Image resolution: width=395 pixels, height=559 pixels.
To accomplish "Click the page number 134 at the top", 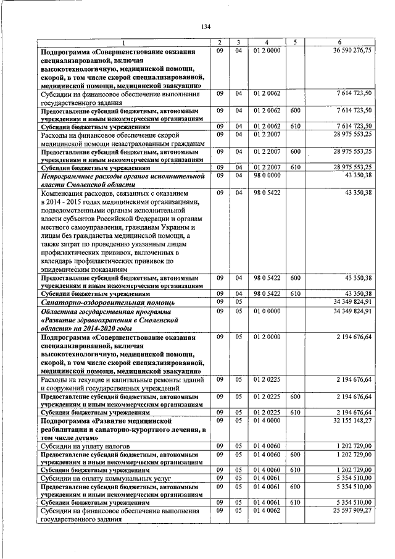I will [206, 26].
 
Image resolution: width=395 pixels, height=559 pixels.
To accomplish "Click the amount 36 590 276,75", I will [352, 50].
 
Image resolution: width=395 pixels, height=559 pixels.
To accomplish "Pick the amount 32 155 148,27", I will [352, 419].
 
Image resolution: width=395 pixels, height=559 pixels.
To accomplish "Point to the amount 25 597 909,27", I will [352, 511].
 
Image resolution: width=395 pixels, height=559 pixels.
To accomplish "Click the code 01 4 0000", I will [267, 419].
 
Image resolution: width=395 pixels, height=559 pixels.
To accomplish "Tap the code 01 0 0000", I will [267, 313].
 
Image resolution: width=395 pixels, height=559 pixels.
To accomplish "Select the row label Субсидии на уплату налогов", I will [83, 445].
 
